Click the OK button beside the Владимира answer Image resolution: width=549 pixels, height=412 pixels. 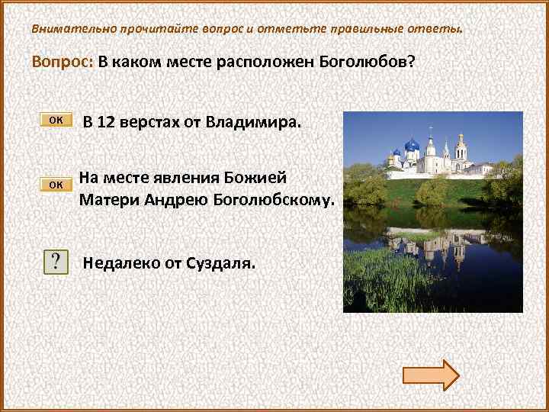coord(56,120)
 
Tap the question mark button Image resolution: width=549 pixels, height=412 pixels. coord(56,262)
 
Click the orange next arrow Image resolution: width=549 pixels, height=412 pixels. coord(430,375)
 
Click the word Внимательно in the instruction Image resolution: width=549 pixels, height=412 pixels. coord(72,29)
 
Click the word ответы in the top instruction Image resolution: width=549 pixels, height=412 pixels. coord(435,29)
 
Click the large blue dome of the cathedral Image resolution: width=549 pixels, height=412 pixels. coord(413,144)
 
